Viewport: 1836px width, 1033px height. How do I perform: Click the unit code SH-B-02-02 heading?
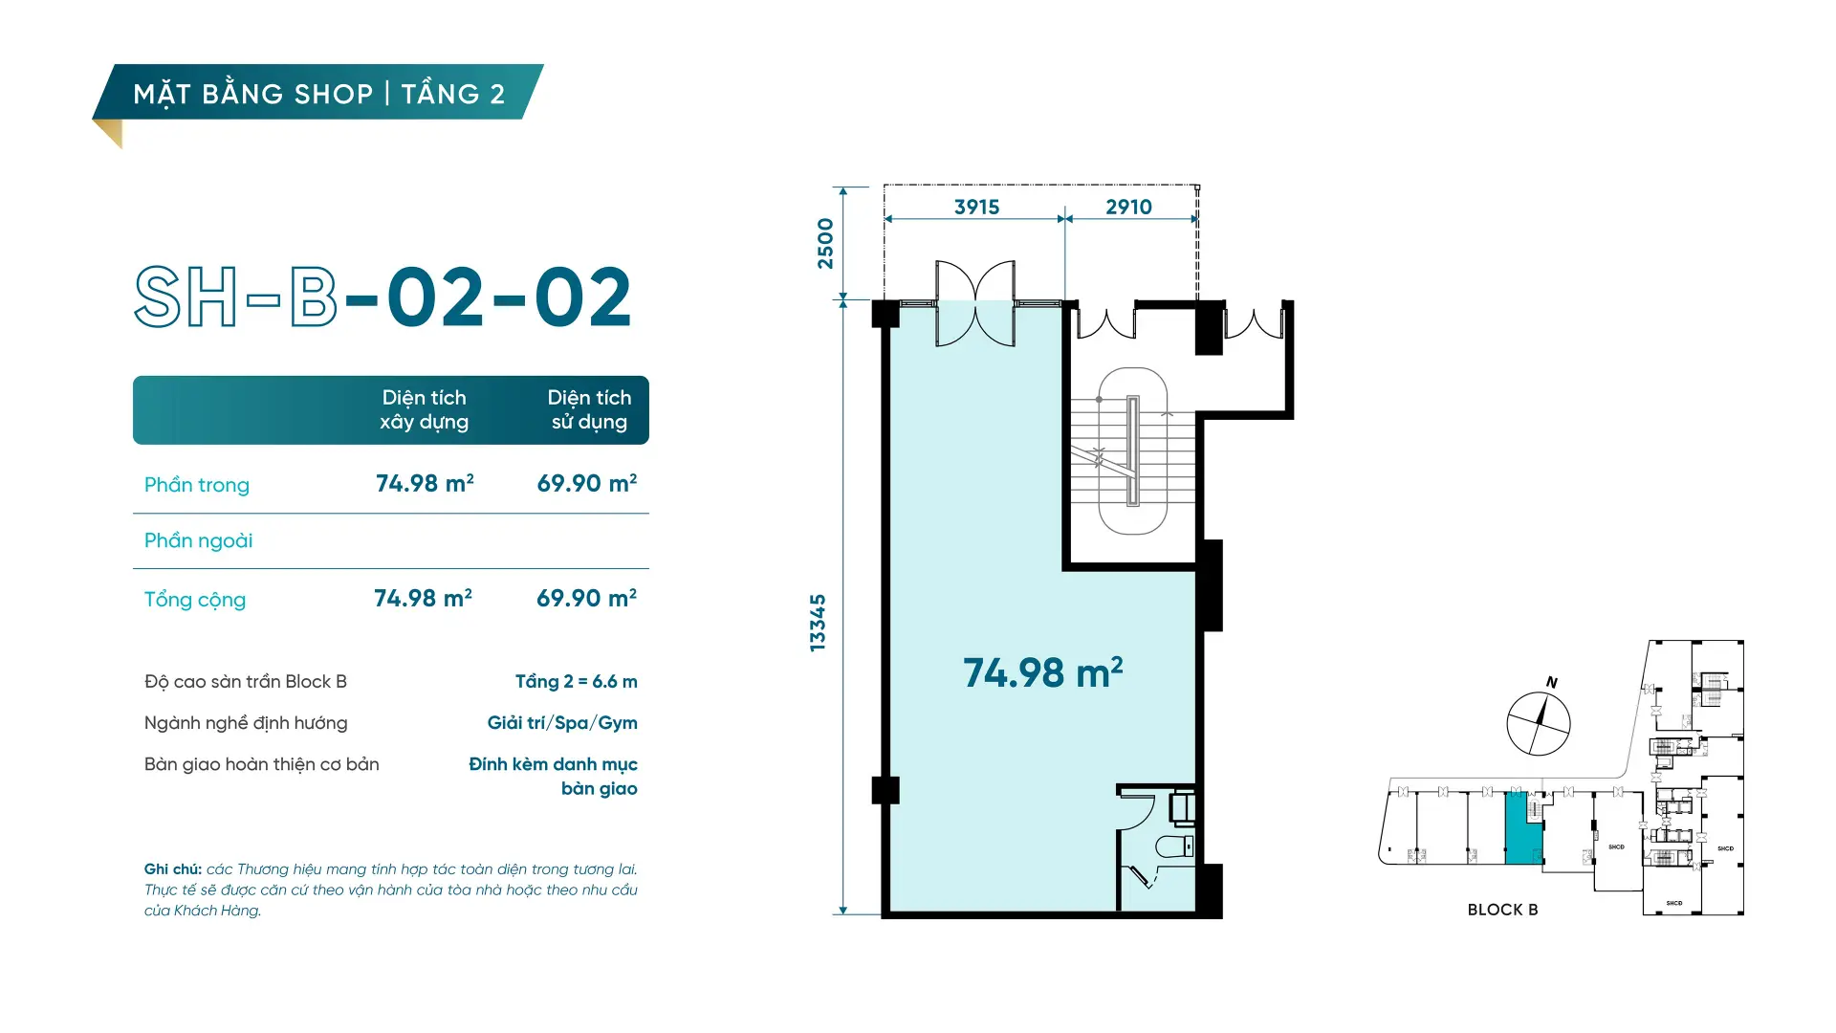[x=382, y=297]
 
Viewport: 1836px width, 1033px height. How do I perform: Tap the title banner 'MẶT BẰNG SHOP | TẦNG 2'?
[x=318, y=94]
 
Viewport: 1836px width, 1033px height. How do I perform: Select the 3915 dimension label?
[x=976, y=207]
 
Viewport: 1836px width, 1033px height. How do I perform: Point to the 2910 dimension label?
[x=1128, y=207]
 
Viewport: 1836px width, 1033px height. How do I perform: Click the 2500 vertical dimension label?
[x=825, y=244]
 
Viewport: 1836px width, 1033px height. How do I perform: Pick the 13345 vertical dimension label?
[x=818, y=623]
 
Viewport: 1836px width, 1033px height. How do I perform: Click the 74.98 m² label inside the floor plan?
[x=1042, y=672]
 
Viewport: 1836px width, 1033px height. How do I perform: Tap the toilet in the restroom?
[x=1174, y=846]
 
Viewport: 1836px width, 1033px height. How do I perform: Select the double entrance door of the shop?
[x=974, y=303]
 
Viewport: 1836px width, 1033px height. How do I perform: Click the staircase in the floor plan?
[x=1132, y=451]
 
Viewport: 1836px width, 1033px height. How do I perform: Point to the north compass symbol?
[x=1539, y=722]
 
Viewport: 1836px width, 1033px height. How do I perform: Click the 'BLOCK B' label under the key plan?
[x=1502, y=910]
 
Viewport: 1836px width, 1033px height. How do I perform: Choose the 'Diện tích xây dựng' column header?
[x=424, y=409]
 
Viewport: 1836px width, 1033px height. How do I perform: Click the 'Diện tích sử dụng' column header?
[x=589, y=409]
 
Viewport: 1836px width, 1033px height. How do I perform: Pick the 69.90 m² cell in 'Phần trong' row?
[x=586, y=483]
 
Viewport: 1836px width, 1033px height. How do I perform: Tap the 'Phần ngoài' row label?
[x=198, y=540]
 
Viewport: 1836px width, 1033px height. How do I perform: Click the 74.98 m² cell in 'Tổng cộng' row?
[x=423, y=598]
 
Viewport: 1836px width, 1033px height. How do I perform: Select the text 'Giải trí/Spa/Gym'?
[x=562, y=723]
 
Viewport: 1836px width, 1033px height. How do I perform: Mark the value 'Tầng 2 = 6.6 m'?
[x=576, y=682]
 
